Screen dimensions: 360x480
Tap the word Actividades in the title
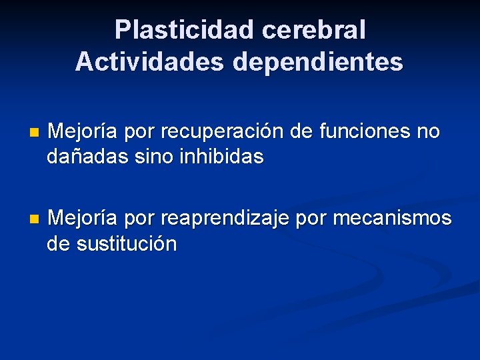click(x=150, y=62)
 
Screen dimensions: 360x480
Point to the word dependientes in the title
click(x=317, y=62)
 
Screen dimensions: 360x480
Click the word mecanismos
click(x=393, y=219)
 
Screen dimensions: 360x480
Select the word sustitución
click(x=127, y=244)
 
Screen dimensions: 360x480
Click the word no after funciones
click(x=427, y=132)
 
